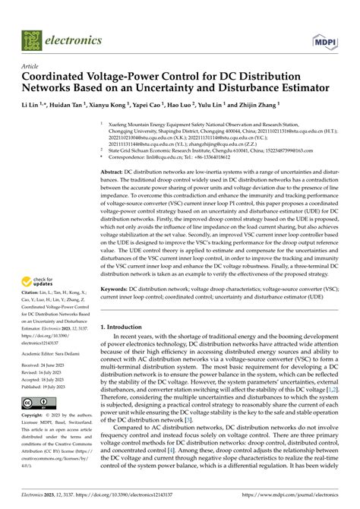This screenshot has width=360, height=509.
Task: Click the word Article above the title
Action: coord(31,67)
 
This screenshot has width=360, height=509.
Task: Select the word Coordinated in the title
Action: coord(62,78)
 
